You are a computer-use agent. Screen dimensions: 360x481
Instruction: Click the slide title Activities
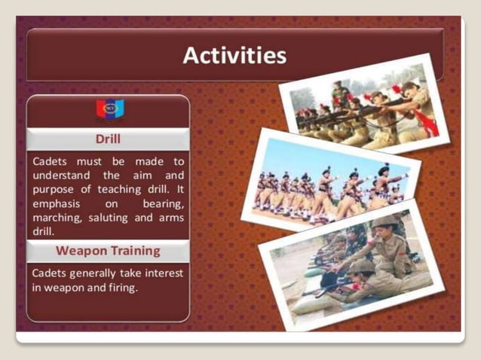234,56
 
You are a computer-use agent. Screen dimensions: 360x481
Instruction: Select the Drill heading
108,139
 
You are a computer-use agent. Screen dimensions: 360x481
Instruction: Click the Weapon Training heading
108,250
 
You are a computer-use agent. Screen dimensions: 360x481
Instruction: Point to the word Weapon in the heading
80,250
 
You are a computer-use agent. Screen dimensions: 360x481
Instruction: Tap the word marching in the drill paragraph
55,218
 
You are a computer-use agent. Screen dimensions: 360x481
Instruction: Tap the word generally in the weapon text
94,272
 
